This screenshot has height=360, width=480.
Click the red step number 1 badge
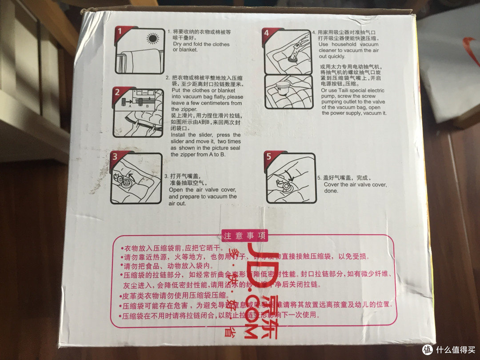[119, 32]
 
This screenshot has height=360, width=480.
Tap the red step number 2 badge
[117, 92]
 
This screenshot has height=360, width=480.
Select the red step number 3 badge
[115, 157]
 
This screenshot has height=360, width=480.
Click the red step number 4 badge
[266, 32]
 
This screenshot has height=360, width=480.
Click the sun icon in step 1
[153, 39]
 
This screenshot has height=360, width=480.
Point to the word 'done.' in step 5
[331, 191]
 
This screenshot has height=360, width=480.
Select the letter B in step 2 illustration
[147, 106]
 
